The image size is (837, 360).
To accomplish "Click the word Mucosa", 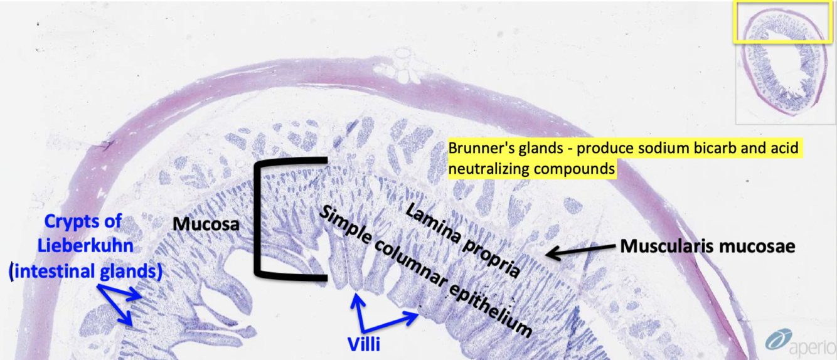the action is tap(206, 223).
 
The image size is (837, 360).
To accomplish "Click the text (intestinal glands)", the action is tap(85, 272).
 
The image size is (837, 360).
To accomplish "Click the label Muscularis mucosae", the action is tap(708, 246).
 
